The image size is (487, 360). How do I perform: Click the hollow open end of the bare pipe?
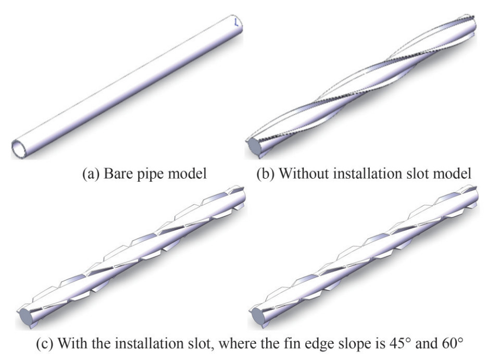[19, 149]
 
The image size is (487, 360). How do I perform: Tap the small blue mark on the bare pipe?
[236, 23]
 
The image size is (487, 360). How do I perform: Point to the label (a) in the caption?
[91, 173]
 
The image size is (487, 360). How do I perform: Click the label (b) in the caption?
[266, 173]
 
